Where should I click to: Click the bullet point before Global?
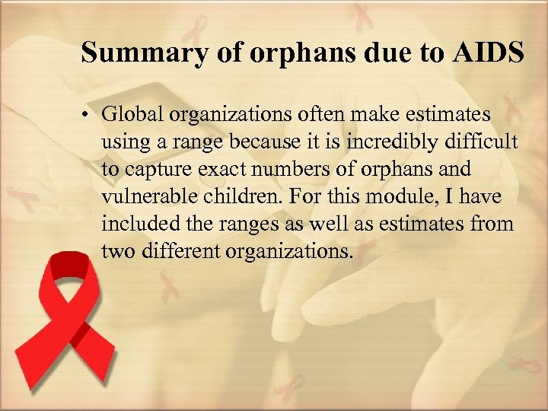(88, 116)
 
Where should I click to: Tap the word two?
(116, 251)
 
